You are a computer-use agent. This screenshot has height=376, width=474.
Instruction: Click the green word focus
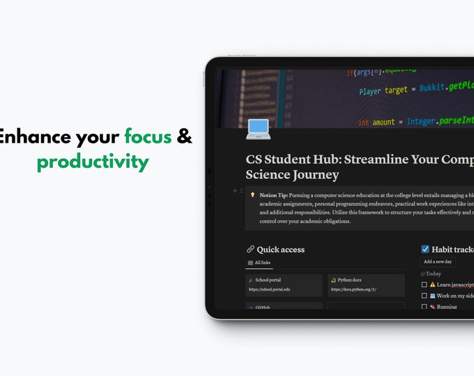[148, 136]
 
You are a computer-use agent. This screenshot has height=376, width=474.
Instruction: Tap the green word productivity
[93, 162]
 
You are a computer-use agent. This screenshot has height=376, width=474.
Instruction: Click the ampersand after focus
[184, 136]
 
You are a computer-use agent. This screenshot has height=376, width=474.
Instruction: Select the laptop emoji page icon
[258, 129]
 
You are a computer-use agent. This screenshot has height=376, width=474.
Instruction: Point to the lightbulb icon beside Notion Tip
[252, 196]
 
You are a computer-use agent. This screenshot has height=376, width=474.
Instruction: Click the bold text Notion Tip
[273, 196]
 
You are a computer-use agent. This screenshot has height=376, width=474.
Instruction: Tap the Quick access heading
[280, 249]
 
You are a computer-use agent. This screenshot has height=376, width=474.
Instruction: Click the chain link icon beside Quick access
[251, 249]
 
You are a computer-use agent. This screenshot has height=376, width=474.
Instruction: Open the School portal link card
[284, 284]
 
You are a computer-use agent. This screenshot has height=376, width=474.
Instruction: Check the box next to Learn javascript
[425, 285]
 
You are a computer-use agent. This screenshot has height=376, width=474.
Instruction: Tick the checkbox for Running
[425, 306]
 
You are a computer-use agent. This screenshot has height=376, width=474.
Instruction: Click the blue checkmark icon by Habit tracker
[426, 249]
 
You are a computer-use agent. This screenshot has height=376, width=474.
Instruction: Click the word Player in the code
[369, 91]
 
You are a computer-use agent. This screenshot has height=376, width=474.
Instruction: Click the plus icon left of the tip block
[235, 190]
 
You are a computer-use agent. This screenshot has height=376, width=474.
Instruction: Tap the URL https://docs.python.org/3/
[353, 289]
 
